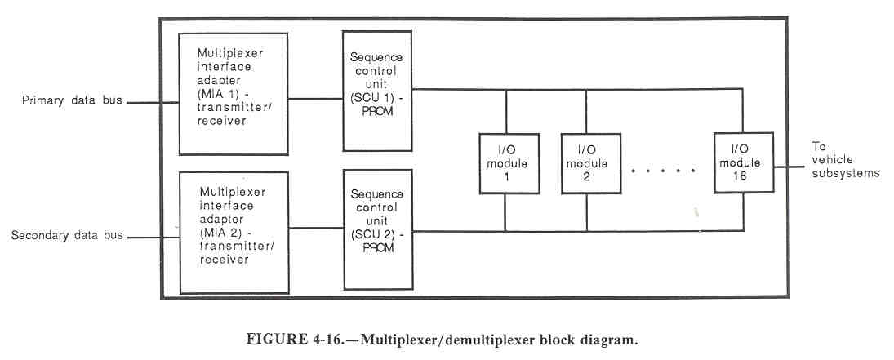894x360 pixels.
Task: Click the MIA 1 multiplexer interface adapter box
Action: pos(233,94)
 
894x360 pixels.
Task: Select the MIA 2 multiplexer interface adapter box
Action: pos(233,232)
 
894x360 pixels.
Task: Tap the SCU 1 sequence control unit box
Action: pos(376,91)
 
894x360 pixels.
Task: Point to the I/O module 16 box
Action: pos(744,162)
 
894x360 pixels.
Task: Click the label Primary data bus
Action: pos(62,103)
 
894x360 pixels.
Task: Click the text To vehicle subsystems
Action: pos(844,160)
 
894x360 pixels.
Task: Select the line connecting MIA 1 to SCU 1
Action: pos(315,100)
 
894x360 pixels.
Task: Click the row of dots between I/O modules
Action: pos(664,171)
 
